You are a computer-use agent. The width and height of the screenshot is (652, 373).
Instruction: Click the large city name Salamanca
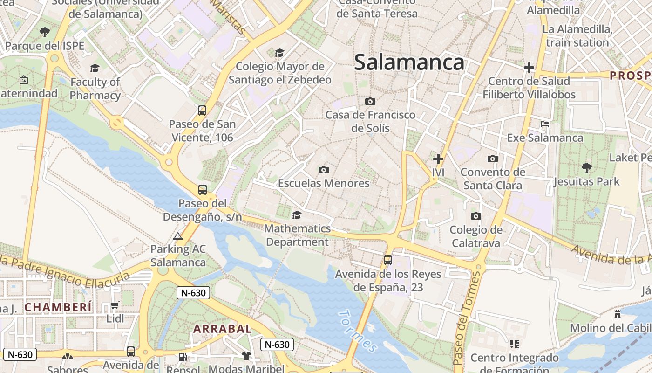(x=409, y=62)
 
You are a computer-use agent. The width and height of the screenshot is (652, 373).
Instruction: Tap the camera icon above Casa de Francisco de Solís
(x=370, y=101)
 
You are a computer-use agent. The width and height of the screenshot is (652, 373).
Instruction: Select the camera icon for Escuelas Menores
(x=324, y=170)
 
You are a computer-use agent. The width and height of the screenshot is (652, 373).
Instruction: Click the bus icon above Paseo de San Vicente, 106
(x=202, y=111)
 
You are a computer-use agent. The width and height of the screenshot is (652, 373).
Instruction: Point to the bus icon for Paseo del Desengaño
(x=202, y=190)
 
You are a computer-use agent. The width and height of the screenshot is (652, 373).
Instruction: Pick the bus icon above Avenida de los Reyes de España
(x=388, y=260)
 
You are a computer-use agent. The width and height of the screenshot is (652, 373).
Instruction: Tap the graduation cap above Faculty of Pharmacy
(x=95, y=69)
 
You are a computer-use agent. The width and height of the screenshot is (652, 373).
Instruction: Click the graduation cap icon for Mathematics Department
(x=297, y=215)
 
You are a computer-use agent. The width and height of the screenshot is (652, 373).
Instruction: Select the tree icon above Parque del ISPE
(x=45, y=32)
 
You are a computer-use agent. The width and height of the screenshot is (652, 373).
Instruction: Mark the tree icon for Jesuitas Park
(x=587, y=167)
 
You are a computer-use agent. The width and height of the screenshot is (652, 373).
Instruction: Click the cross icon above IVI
(x=438, y=159)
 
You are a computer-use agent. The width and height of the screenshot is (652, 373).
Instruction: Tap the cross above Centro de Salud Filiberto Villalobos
(x=529, y=68)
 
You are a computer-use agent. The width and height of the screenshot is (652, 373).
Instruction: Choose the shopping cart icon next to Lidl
(x=115, y=305)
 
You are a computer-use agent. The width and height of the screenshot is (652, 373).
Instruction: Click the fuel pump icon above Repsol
(x=183, y=357)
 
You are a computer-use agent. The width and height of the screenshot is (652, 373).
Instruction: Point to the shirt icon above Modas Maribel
(x=246, y=356)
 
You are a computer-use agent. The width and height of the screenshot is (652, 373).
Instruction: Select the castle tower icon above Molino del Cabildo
(x=618, y=314)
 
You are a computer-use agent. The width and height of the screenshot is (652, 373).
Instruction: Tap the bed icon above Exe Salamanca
(x=545, y=124)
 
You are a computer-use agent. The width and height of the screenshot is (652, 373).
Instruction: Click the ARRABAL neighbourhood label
(x=223, y=329)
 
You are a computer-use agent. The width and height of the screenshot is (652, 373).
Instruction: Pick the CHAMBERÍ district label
(x=58, y=307)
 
